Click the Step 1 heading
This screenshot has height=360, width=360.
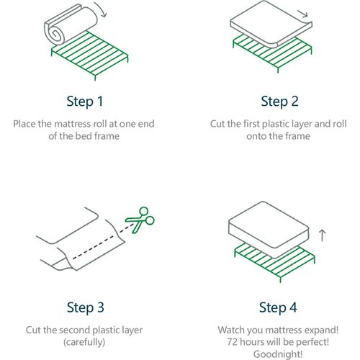(x=85, y=102)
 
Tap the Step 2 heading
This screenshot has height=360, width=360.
(x=279, y=102)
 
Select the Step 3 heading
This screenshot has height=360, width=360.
(x=85, y=307)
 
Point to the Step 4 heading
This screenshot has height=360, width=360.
(x=278, y=307)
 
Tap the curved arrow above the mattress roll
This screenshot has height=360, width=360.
(x=102, y=9)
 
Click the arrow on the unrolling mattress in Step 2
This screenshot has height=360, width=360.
(x=302, y=14)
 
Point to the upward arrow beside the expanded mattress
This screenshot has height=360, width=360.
(x=323, y=235)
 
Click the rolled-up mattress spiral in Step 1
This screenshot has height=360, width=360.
(x=55, y=35)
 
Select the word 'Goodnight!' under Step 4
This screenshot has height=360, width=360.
(x=278, y=354)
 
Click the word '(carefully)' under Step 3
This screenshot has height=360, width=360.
(x=84, y=342)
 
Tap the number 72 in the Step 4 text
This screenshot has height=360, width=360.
(x=233, y=341)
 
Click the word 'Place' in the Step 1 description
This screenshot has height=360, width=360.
(x=24, y=124)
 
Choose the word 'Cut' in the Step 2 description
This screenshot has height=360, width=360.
(x=217, y=124)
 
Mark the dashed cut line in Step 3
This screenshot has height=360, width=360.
(x=104, y=241)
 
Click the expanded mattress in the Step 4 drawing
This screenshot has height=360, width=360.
(x=269, y=230)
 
